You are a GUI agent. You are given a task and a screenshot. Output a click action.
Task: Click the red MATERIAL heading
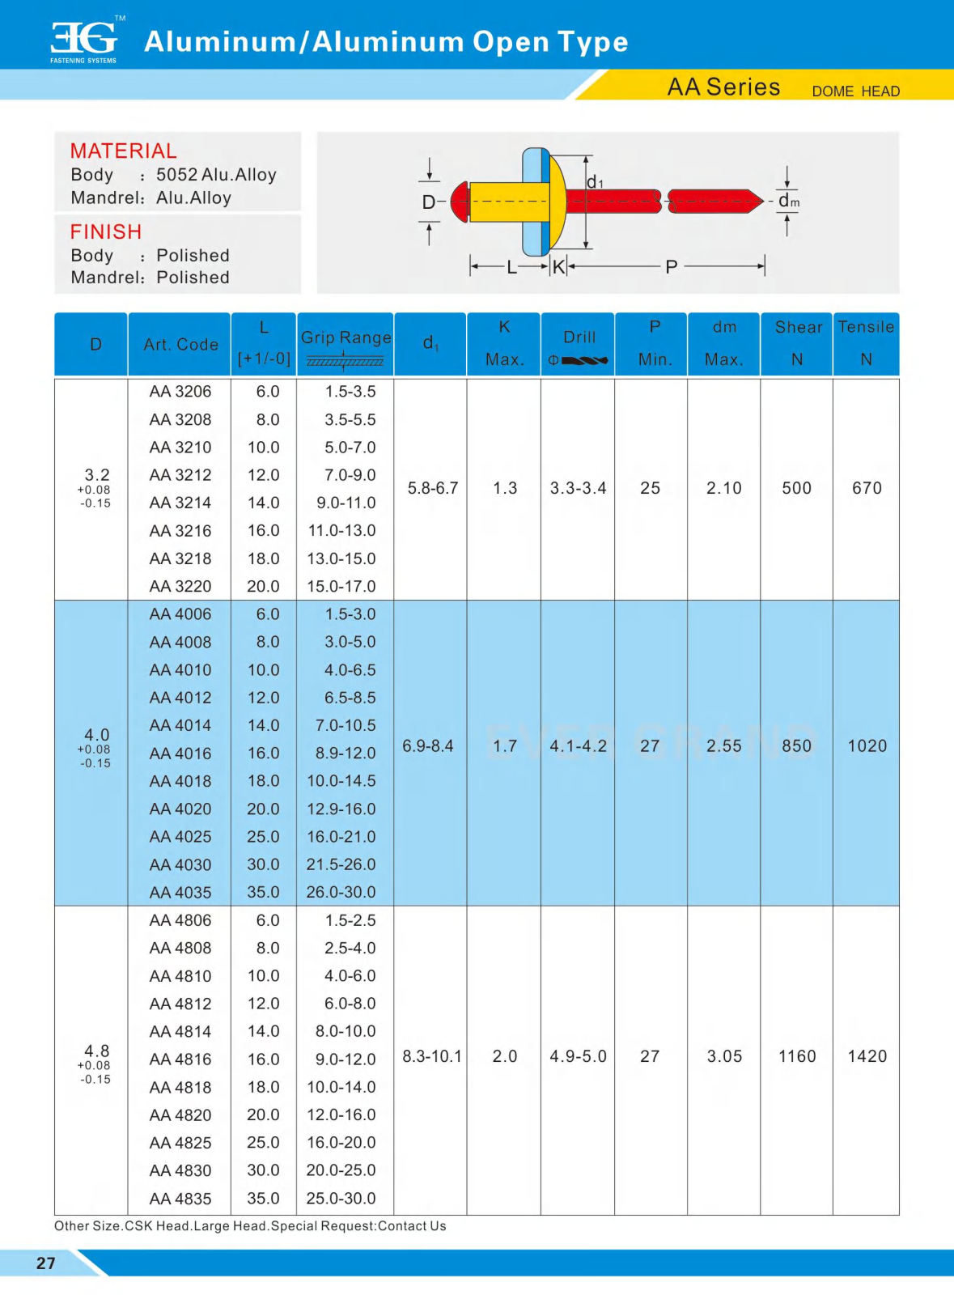tap(123, 151)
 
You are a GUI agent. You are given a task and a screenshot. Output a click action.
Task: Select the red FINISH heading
tap(106, 232)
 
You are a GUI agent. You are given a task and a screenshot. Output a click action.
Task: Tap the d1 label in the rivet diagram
tap(595, 183)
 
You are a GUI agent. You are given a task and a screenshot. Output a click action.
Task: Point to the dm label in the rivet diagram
tap(788, 201)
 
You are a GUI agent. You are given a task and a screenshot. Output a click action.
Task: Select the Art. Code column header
tap(180, 345)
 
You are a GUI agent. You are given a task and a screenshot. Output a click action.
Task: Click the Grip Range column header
tap(346, 338)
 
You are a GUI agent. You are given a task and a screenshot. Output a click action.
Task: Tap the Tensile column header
tap(866, 327)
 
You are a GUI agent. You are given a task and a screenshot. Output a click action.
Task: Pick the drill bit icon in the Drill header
tap(584, 360)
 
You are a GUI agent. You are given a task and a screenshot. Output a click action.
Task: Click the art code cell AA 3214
tap(180, 503)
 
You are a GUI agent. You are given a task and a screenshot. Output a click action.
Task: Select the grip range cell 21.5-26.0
tap(341, 864)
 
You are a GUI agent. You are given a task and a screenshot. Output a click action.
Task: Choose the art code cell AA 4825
tap(180, 1143)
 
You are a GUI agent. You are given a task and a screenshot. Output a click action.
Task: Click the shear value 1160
tap(797, 1056)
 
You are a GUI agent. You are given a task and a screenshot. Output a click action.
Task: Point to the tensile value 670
tap(867, 488)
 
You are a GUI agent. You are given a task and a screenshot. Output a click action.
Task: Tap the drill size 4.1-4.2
tap(578, 746)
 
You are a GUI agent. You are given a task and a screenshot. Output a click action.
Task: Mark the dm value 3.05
tap(724, 1056)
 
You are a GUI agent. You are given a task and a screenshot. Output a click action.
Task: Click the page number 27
tap(46, 1263)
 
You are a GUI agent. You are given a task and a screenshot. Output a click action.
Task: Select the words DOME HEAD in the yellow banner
tap(855, 91)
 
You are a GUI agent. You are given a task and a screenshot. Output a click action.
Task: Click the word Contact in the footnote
tap(402, 1226)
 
